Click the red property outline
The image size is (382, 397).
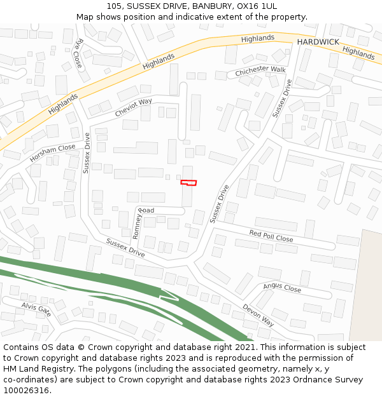point(188,183)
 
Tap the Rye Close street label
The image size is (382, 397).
point(78,53)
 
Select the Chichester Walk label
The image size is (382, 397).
point(260,71)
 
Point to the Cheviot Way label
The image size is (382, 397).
point(133,107)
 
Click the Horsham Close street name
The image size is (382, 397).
point(52,152)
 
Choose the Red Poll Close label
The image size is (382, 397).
point(271,236)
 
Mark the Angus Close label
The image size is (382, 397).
point(282,288)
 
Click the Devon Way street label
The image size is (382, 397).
point(258,315)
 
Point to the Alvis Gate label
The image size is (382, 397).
point(36,309)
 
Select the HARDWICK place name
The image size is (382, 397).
point(318,41)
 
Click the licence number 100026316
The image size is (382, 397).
point(27,391)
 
